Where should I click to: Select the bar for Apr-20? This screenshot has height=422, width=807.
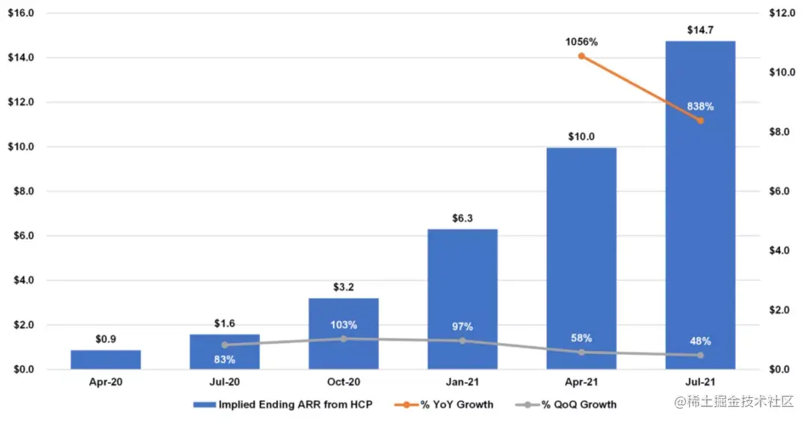[x=105, y=359]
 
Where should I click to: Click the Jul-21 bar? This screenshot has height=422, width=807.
[x=700, y=224]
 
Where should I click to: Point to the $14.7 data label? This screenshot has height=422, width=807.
[x=700, y=30]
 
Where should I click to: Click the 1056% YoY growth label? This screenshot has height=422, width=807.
[x=581, y=42]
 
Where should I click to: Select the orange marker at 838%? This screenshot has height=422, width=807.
[x=700, y=120]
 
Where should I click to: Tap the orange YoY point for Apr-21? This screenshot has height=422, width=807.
[x=581, y=56]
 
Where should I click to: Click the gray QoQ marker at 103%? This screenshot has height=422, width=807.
[x=344, y=338]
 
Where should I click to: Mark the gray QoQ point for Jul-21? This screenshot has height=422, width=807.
[x=700, y=356]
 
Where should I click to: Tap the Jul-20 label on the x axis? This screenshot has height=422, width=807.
[x=224, y=382]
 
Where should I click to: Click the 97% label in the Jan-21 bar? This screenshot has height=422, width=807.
[x=463, y=326]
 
